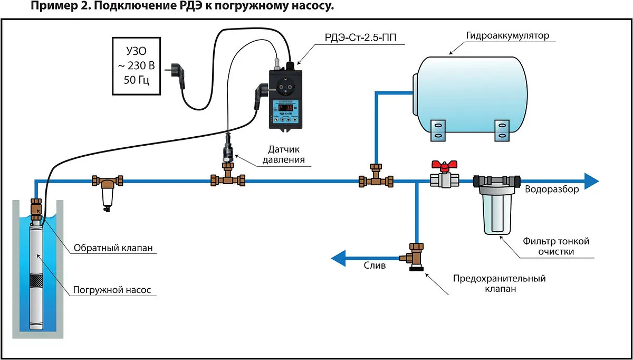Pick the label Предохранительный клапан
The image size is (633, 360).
coord(499,283)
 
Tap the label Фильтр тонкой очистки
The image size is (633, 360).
coord(555,246)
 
